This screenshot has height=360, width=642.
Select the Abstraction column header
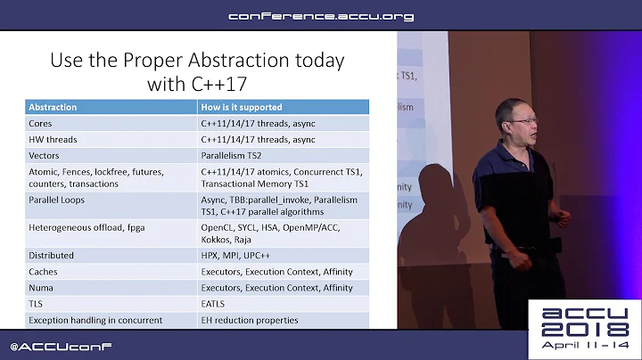[53, 108]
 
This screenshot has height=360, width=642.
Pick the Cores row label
[41, 124]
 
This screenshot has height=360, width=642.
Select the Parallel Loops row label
[57, 200]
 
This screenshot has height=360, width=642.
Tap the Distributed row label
[51, 255]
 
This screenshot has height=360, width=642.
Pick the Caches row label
[44, 272]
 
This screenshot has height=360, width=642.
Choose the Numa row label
[42, 288]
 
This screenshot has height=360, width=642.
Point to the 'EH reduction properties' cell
[250, 320]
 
